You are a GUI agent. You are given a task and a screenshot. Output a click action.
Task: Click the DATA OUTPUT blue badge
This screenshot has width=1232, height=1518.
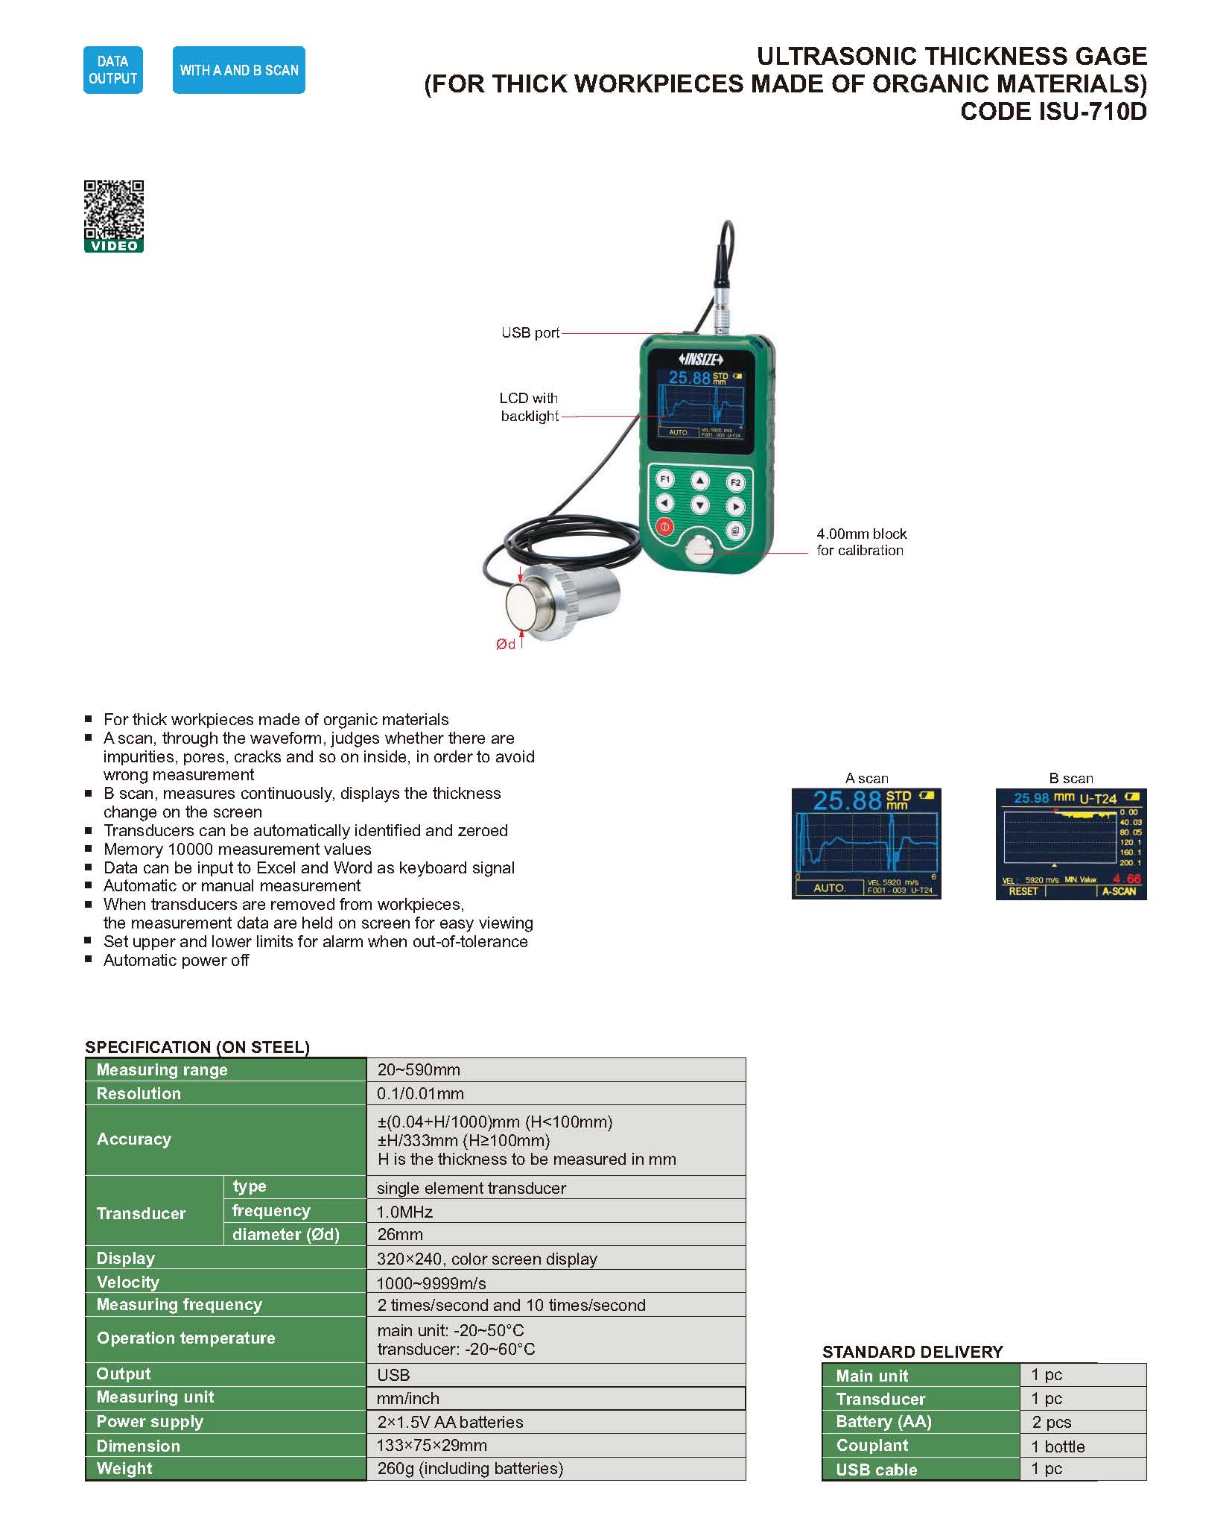(112, 70)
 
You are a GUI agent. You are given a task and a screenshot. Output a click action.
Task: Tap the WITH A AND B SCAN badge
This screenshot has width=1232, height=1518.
(238, 70)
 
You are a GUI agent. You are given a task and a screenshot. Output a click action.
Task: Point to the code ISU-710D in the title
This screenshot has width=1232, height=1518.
(1053, 112)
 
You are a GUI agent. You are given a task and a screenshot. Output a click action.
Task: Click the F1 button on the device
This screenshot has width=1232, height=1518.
(665, 479)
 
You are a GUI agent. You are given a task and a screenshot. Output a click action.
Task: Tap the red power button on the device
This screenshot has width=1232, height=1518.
(664, 527)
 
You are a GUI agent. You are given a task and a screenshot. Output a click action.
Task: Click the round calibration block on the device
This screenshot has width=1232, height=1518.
(699, 551)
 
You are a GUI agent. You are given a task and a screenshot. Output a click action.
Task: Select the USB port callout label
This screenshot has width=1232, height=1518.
(530, 332)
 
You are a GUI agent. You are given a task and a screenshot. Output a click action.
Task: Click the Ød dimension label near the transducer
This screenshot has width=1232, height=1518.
(506, 644)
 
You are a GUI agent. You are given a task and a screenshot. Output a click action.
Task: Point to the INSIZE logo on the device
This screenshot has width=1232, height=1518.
(699, 359)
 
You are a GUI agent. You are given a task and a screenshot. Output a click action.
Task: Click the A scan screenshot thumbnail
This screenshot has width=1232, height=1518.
(866, 844)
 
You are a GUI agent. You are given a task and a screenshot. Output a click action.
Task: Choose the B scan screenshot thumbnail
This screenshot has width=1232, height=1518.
(1070, 844)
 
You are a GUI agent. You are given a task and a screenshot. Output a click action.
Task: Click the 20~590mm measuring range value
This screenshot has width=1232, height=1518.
(419, 1070)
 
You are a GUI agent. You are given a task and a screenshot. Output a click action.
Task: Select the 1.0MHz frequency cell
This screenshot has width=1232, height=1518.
(404, 1212)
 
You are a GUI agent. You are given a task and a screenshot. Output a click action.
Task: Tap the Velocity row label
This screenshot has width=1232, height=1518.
(128, 1282)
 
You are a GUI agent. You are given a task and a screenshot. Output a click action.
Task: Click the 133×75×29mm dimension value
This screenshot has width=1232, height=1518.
(432, 1446)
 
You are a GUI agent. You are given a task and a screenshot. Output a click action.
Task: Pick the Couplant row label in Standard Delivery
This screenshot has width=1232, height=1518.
(871, 1446)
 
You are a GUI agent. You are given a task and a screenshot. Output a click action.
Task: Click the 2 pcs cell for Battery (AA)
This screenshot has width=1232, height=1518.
(1051, 1422)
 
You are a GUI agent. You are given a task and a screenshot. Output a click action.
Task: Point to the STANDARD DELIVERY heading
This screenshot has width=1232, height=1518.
(912, 1352)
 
